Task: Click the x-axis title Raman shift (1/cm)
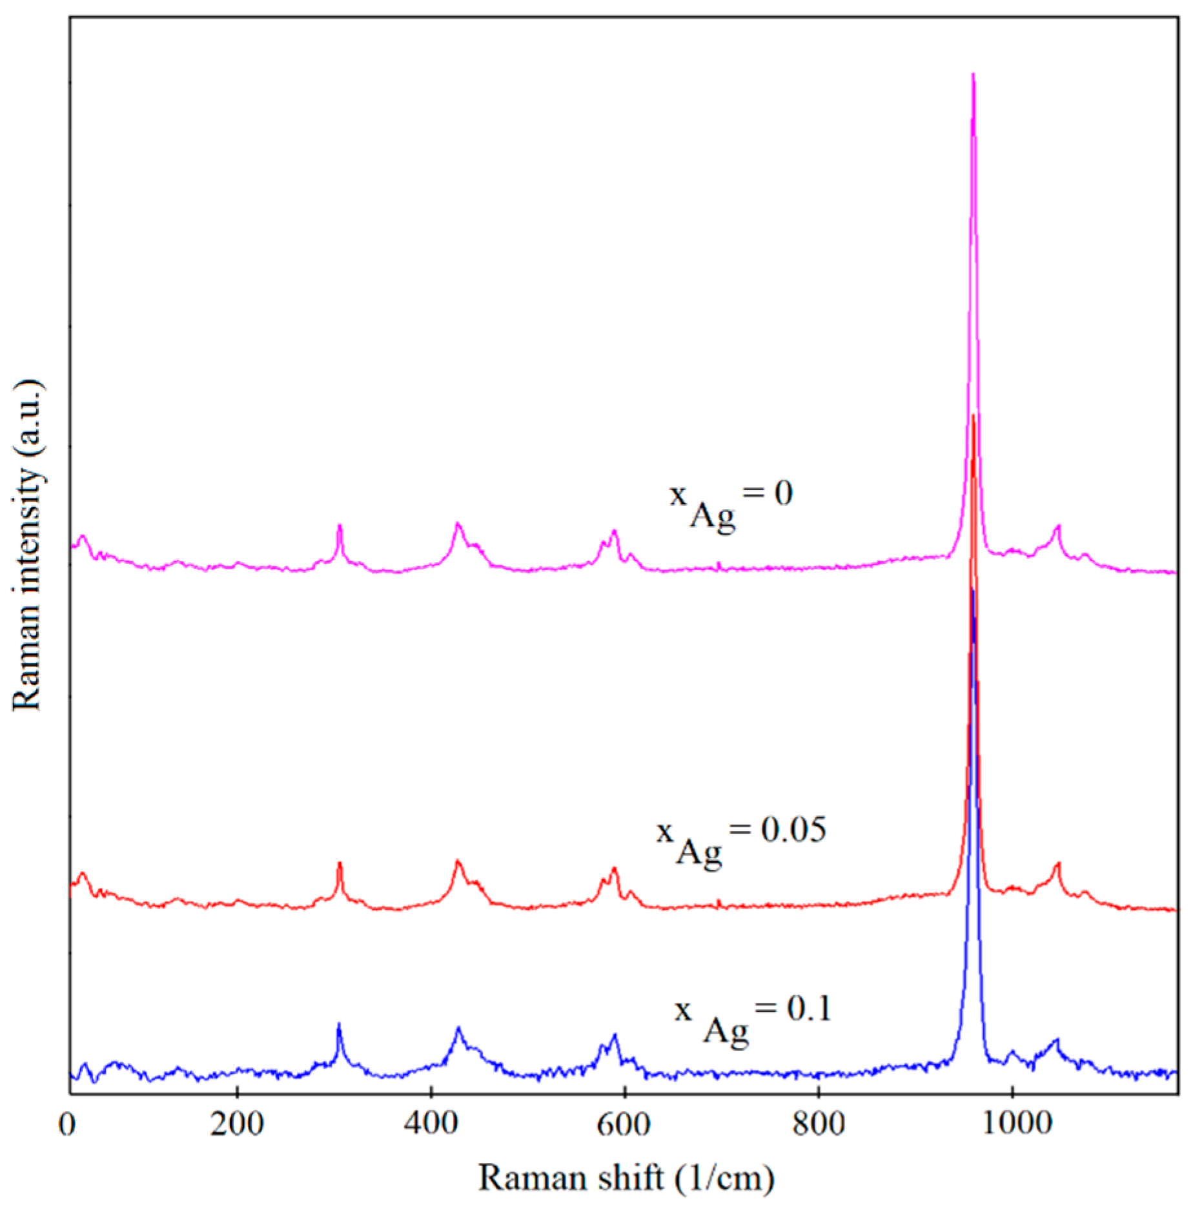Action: pos(626,1178)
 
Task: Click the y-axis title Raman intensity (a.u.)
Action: pos(27,546)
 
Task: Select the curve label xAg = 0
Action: pos(730,507)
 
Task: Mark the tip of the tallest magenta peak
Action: pos(973,74)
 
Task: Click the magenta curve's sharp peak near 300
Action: pos(340,526)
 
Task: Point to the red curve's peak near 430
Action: pos(458,861)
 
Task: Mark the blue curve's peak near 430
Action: pos(458,1028)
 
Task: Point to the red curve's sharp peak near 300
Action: pos(340,863)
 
